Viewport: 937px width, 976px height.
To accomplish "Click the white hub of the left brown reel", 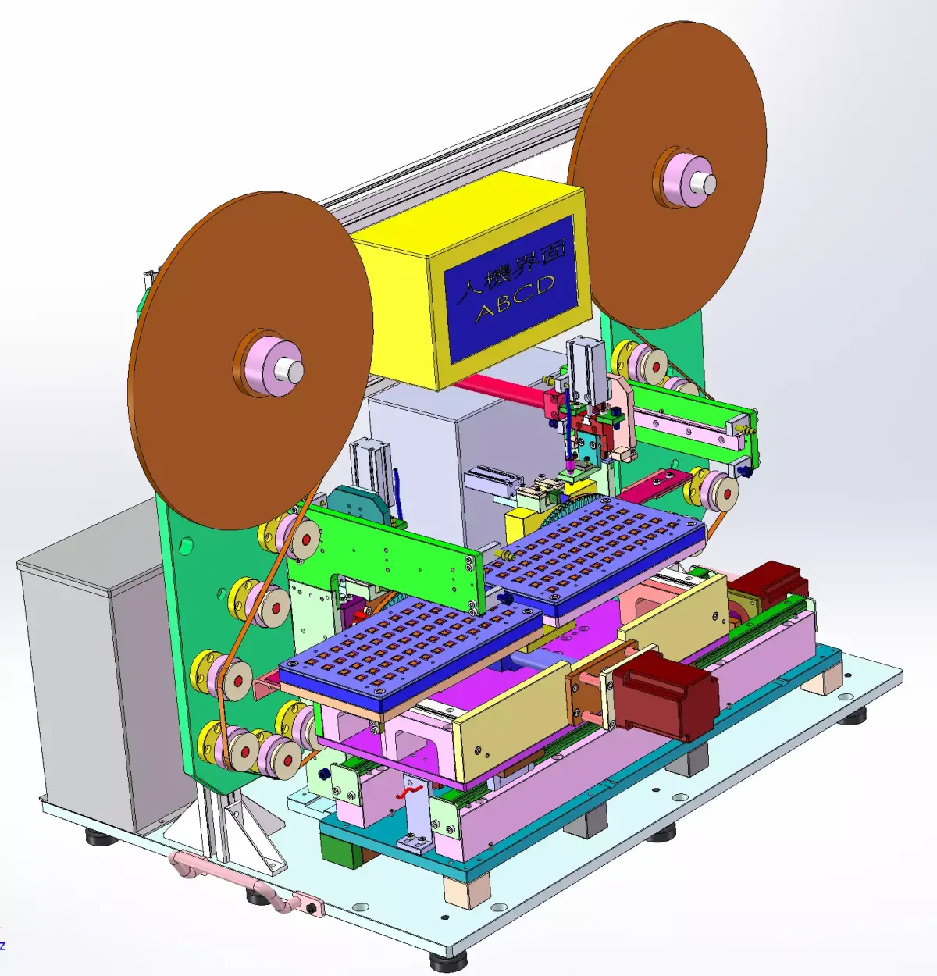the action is [290, 370].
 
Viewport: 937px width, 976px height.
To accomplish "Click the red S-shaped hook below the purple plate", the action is [409, 792].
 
